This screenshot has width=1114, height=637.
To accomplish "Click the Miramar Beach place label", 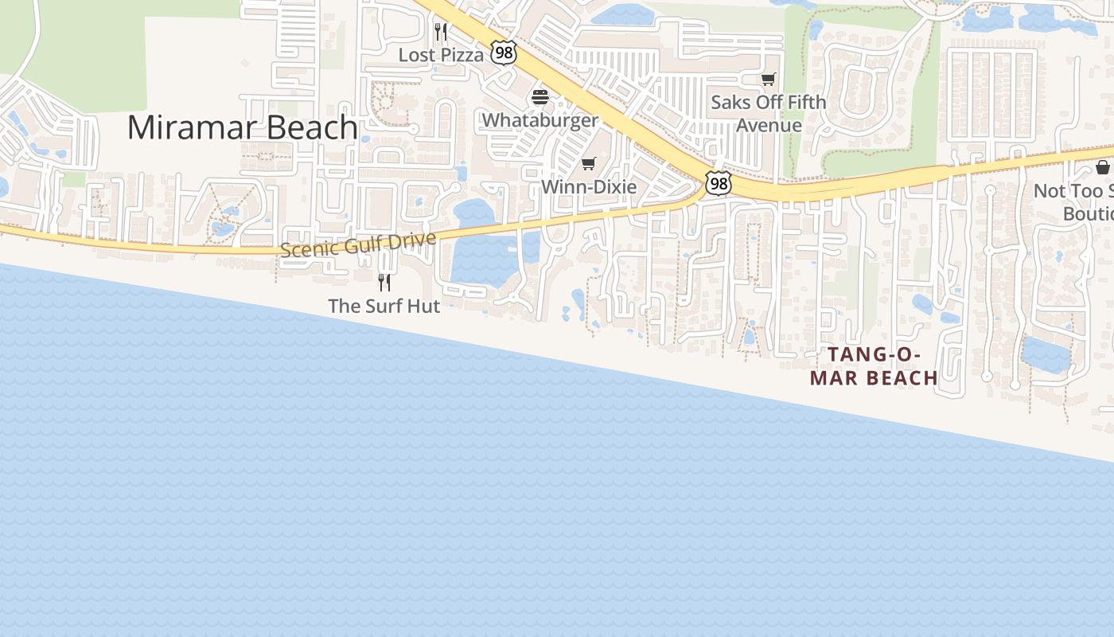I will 242,127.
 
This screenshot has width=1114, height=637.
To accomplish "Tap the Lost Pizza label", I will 441,55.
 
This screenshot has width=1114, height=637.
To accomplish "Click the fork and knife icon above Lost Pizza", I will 441,32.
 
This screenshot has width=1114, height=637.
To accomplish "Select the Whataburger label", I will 540,120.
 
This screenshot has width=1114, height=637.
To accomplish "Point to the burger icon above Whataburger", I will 540,98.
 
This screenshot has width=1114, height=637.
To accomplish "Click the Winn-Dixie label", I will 589,186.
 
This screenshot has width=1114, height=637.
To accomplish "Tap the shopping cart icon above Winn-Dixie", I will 588,163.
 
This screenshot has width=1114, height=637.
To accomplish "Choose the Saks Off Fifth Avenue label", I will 769,113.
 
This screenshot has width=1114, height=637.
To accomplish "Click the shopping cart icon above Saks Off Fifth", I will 768,79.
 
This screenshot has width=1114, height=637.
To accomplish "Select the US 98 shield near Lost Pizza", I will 504,53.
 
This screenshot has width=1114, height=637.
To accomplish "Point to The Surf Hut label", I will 384,306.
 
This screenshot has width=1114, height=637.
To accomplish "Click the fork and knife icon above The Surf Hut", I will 384,282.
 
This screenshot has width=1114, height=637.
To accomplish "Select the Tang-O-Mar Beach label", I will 874,366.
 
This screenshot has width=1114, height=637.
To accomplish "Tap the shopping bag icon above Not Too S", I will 1103,167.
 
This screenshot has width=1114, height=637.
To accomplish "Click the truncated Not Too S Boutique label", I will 1074,202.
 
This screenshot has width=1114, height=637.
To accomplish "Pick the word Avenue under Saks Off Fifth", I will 769,125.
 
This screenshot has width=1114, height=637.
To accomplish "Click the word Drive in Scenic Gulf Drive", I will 412,239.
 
